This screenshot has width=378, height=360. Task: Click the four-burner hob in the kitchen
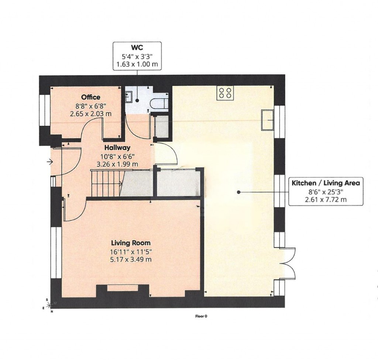click(226, 92)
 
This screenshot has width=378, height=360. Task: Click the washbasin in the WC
click(129, 97)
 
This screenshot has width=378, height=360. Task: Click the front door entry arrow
click(49, 161)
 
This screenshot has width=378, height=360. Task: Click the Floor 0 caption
click(201, 316)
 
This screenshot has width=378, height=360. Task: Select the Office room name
click(91, 97)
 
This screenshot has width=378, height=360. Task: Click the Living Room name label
click(131, 243)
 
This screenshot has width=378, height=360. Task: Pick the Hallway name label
click(117, 148)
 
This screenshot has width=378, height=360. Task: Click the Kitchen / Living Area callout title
click(326, 183)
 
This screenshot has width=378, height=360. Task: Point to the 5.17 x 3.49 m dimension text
click(131, 260)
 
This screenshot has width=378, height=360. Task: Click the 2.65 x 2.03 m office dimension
click(91, 114)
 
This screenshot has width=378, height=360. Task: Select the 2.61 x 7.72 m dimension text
click(326, 200)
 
